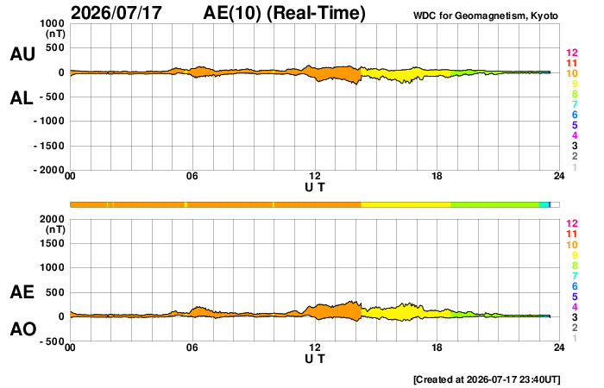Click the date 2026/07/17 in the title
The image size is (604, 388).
[116, 13]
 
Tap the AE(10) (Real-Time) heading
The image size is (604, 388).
[284, 13]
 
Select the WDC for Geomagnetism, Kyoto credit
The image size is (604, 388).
[485, 16]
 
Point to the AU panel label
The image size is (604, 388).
[22, 54]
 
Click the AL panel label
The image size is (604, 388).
[22, 98]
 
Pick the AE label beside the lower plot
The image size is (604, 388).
[22, 292]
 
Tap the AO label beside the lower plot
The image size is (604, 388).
[23, 329]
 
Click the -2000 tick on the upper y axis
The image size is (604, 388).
[49, 170]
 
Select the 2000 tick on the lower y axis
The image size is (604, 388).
[52, 219]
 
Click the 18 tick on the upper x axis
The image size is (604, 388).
[437, 176]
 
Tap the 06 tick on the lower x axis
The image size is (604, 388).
[192, 347]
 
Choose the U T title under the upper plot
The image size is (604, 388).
[315, 187]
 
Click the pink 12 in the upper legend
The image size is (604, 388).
[571, 53]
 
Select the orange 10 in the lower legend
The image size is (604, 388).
[571, 245]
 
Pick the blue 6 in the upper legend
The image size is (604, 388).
[575, 115]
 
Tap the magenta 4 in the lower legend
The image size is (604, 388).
[575, 307]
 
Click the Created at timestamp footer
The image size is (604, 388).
[487, 379]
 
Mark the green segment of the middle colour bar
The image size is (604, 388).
[494, 205]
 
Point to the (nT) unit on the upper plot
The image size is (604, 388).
[55, 34]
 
